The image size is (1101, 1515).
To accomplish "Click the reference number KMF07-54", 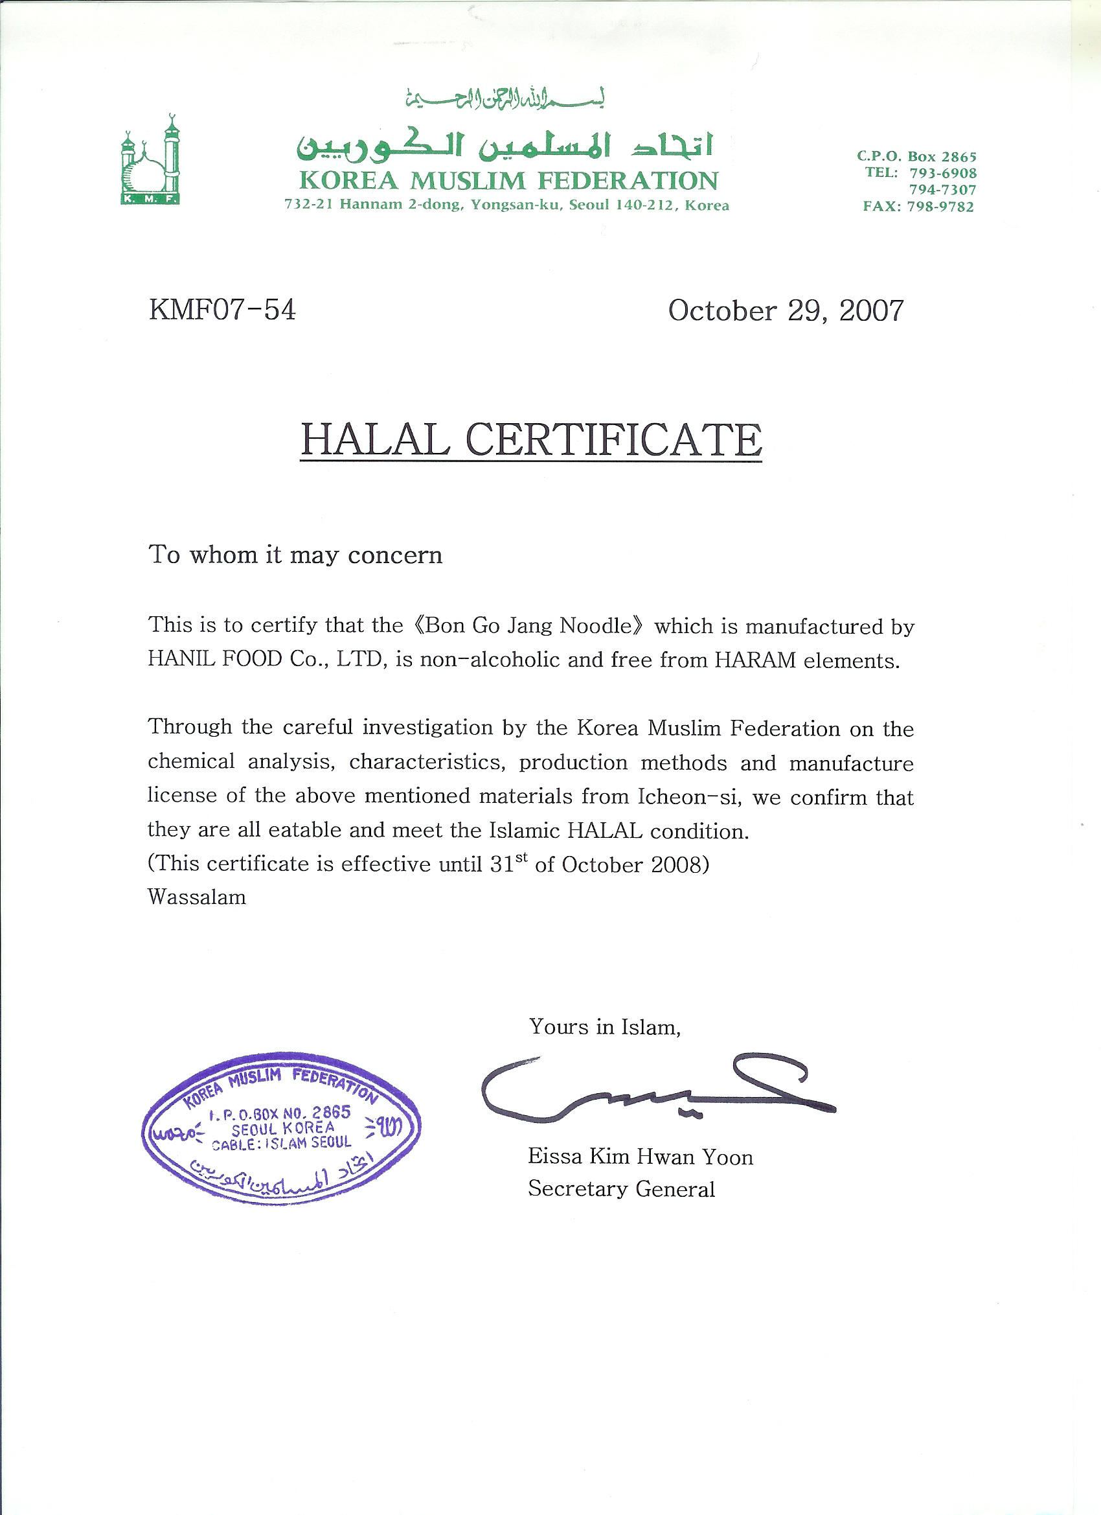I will click(x=221, y=310).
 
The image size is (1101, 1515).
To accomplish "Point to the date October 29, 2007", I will click(x=786, y=310).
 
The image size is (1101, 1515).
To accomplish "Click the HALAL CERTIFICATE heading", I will click(x=531, y=440).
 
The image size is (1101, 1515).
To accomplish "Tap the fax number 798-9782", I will click(x=940, y=207).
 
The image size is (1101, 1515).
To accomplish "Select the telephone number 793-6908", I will click(x=943, y=173).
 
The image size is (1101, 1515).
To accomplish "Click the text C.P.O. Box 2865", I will click(x=916, y=156).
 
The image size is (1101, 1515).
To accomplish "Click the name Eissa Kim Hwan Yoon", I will click(x=641, y=1157).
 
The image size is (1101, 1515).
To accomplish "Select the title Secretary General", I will click(x=621, y=1189).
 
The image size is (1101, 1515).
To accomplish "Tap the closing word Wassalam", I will click(x=197, y=897).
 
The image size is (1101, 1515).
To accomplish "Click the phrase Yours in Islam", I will click(x=605, y=1026).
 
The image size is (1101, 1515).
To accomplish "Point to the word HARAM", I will click(x=755, y=660).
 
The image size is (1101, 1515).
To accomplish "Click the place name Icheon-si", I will click(x=689, y=796).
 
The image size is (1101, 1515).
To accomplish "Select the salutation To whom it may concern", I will click(x=295, y=555).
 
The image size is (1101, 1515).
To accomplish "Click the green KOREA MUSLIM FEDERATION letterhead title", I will click(x=509, y=181).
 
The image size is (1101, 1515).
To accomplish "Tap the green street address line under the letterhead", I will click(x=506, y=205).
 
